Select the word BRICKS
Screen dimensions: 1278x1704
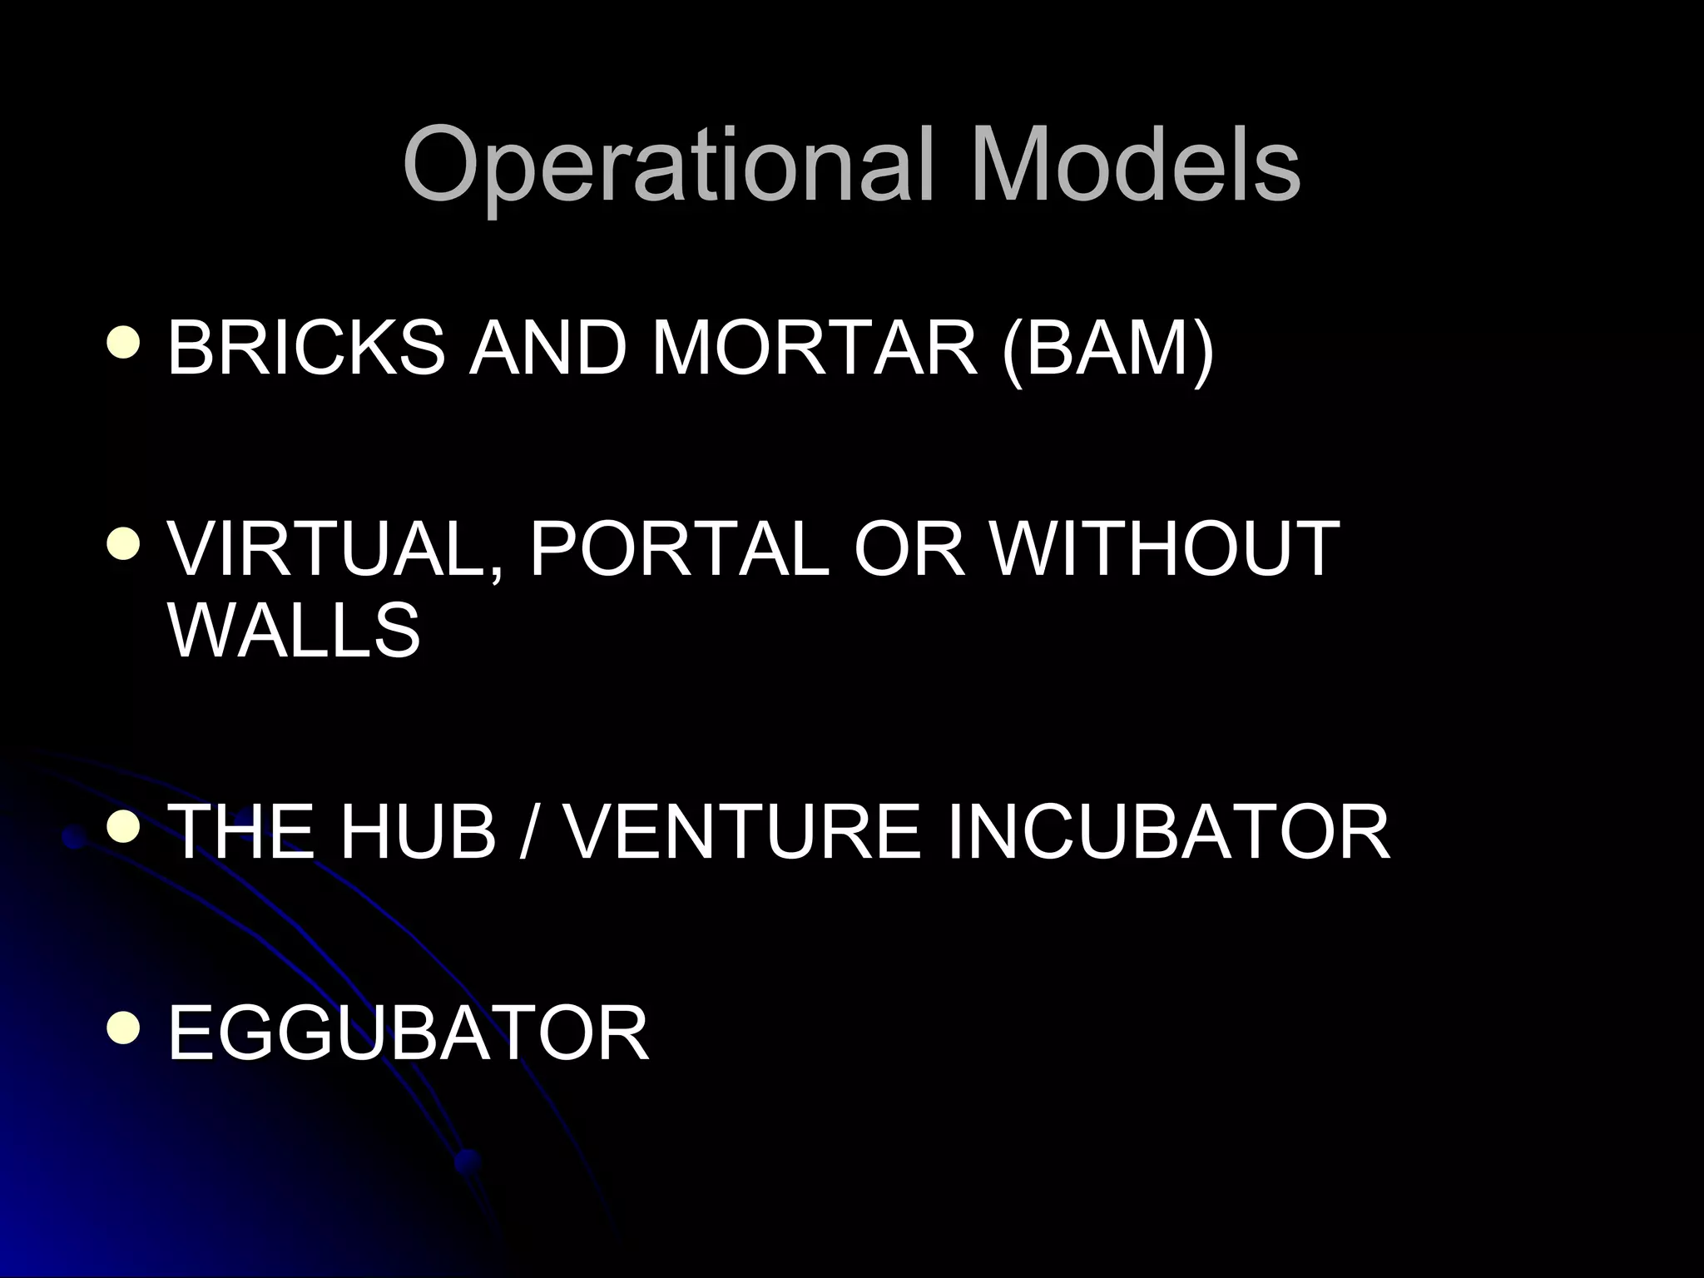(306, 348)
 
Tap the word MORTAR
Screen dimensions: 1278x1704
(815, 348)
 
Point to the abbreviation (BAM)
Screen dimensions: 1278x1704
(1108, 349)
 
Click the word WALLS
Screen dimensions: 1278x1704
(295, 630)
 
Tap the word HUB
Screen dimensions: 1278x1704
(417, 832)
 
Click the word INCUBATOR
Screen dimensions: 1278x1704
(1168, 832)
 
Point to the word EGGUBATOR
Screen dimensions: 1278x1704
(408, 1033)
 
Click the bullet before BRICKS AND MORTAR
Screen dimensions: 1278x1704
(124, 343)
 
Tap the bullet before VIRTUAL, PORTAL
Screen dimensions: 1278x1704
(124, 545)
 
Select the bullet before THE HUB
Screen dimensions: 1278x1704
(124, 828)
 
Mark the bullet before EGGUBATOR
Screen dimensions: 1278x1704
(124, 1028)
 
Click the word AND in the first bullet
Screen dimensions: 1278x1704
(547, 348)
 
